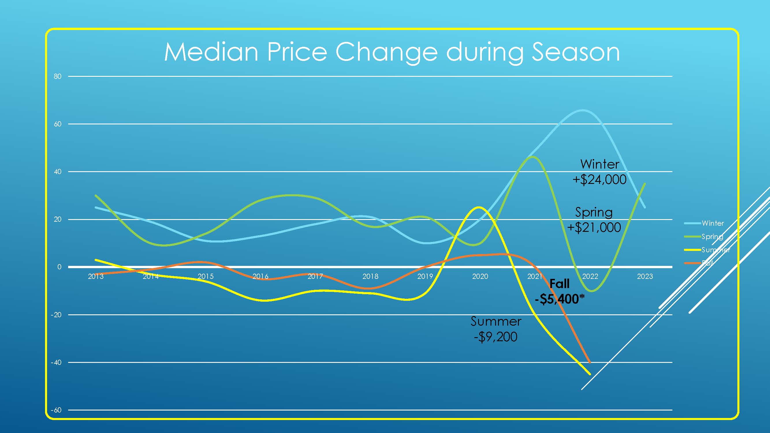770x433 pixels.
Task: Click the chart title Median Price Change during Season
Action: pos(391,52)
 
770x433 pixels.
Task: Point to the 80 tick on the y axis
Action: pos(57,76)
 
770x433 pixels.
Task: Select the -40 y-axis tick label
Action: pos(56,363)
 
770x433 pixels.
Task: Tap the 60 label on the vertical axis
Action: pos(57,124)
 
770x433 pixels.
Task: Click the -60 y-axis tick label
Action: pos(56,410)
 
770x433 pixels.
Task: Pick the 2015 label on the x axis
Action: pos(206,277)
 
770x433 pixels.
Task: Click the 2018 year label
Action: pos(370,277)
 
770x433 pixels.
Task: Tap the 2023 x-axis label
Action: pos(645,277)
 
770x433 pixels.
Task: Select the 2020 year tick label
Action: pos(480,277)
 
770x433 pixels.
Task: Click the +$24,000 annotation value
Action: pos(599,180)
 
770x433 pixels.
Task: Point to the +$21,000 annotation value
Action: pos(594,228)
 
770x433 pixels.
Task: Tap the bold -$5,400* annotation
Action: pos(560,299)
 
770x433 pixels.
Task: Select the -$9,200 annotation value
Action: pos(496,337)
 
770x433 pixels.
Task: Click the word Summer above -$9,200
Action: pos(496,322)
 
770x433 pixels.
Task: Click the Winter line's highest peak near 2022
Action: pos(583,110)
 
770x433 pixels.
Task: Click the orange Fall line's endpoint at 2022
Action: pos(590,362)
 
